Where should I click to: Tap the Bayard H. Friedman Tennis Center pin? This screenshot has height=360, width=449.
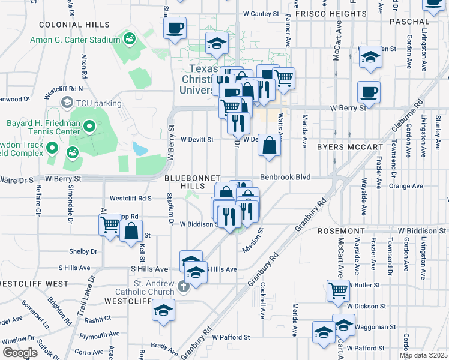[89, 127]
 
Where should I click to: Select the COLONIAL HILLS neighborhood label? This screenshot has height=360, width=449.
[74, 25]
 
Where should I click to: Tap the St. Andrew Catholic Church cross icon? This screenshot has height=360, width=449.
[183, 286]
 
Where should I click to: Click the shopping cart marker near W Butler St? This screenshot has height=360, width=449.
[339, 290]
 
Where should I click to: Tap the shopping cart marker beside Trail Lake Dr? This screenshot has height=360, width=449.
[110, 224]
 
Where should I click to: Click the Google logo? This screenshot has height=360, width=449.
[20, 353]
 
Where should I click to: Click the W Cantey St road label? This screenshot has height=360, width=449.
[261, 13]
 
